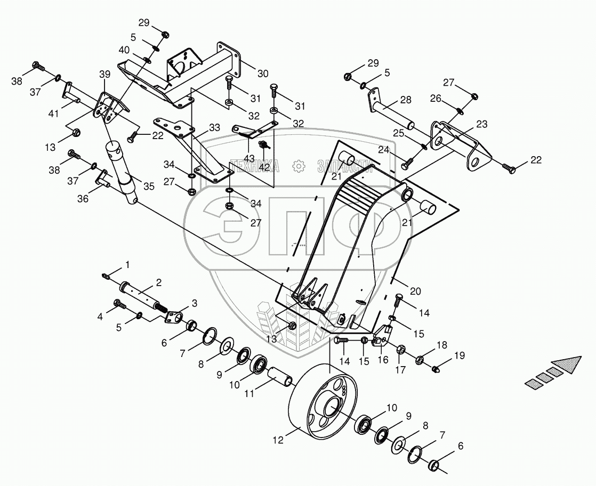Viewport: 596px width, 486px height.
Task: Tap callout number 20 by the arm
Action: point(415,291)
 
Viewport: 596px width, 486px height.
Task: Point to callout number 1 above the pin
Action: point(127,264)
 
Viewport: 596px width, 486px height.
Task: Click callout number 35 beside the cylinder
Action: point(149,187)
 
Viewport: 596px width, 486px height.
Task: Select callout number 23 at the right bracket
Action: point(481,125)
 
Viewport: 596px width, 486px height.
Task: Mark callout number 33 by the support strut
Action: point(214,128)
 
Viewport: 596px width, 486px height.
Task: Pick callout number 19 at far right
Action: point(459,355)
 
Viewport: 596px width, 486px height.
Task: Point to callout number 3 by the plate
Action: point(194,303)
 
